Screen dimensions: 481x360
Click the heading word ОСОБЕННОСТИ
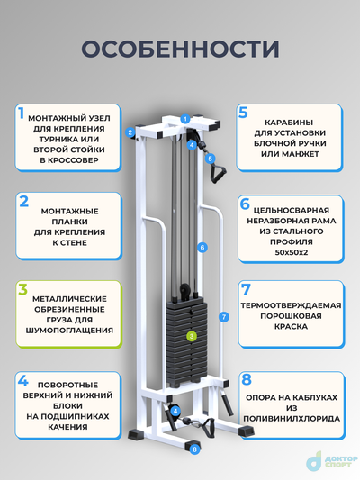(179, 48)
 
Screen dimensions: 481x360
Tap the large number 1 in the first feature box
(20, 113)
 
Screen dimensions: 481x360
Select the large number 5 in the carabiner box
(243, 113)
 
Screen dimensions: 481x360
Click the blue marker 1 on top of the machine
(184, 118)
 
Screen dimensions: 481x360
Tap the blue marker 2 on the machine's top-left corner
(130, 132)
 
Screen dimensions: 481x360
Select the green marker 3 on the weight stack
(190, 336)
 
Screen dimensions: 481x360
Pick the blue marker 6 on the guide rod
(202, 247)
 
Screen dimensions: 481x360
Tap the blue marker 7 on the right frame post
(224, 316)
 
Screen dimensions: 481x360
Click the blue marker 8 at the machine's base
(193, 448)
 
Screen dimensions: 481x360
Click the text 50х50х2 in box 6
(290, 255)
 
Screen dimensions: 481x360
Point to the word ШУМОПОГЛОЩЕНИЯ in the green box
(70, 331)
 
